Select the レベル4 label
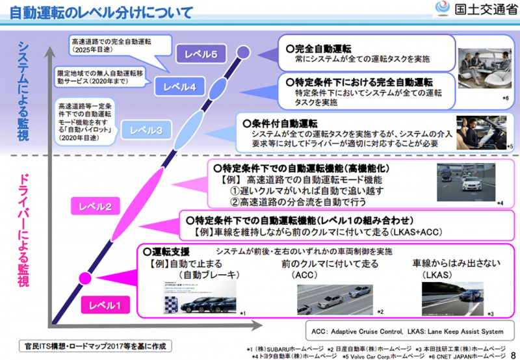(179, 86)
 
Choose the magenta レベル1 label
(105, 303)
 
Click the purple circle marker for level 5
(243, 51)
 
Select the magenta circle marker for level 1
(84, 278)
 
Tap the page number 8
(513, 352)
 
